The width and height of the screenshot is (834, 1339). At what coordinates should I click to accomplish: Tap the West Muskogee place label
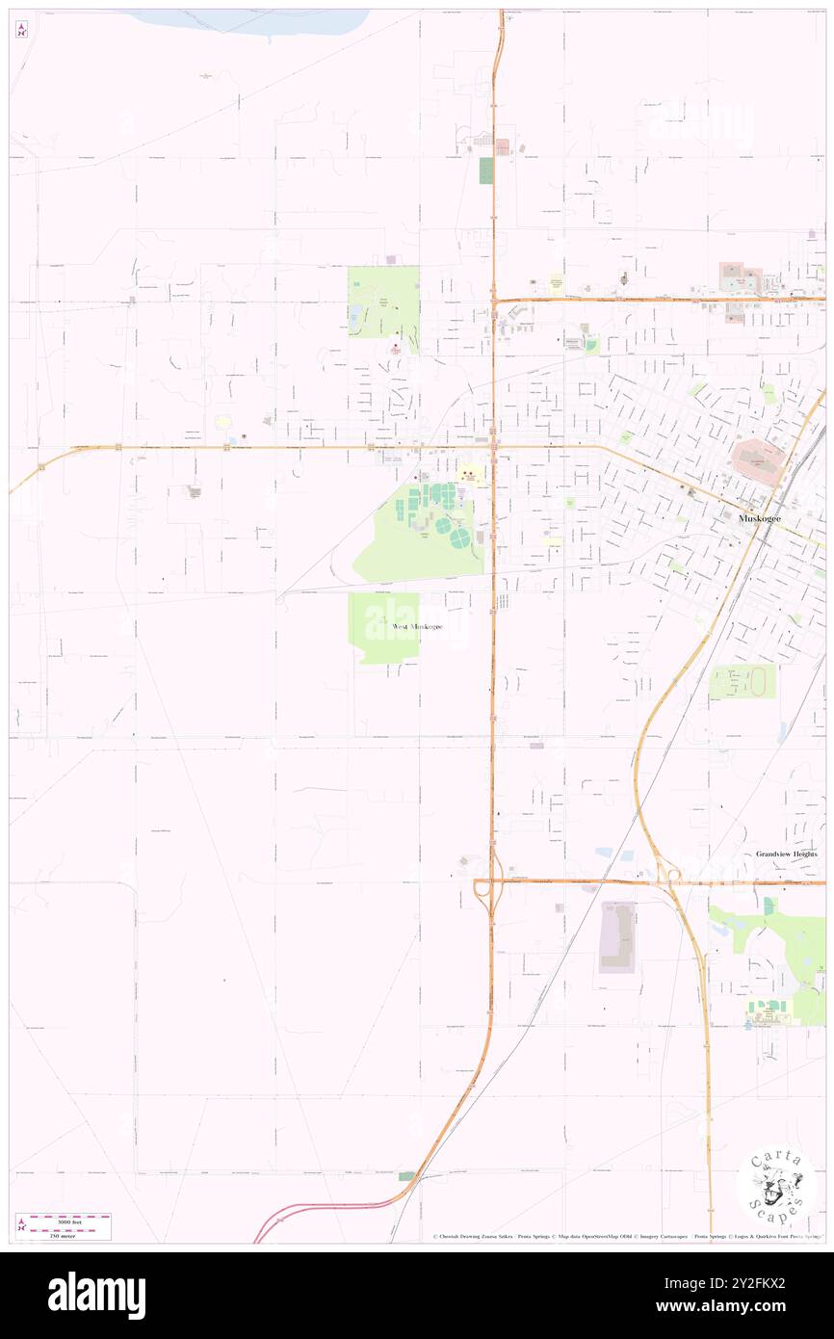point(417,627)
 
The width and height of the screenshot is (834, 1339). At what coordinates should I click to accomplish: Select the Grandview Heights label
point(786,854)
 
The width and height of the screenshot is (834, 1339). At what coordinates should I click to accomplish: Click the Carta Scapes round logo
point(776,1184)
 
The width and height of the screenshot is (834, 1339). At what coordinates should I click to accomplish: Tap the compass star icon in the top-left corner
point(21,30)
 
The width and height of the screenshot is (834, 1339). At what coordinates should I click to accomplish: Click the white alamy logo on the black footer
point(96,1295)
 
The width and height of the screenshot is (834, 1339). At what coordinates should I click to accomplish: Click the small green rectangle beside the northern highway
point(485,171)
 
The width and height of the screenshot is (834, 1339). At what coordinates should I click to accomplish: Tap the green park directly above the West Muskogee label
point(383,617)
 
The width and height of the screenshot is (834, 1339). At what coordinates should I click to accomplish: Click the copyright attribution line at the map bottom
point(626,1237)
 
